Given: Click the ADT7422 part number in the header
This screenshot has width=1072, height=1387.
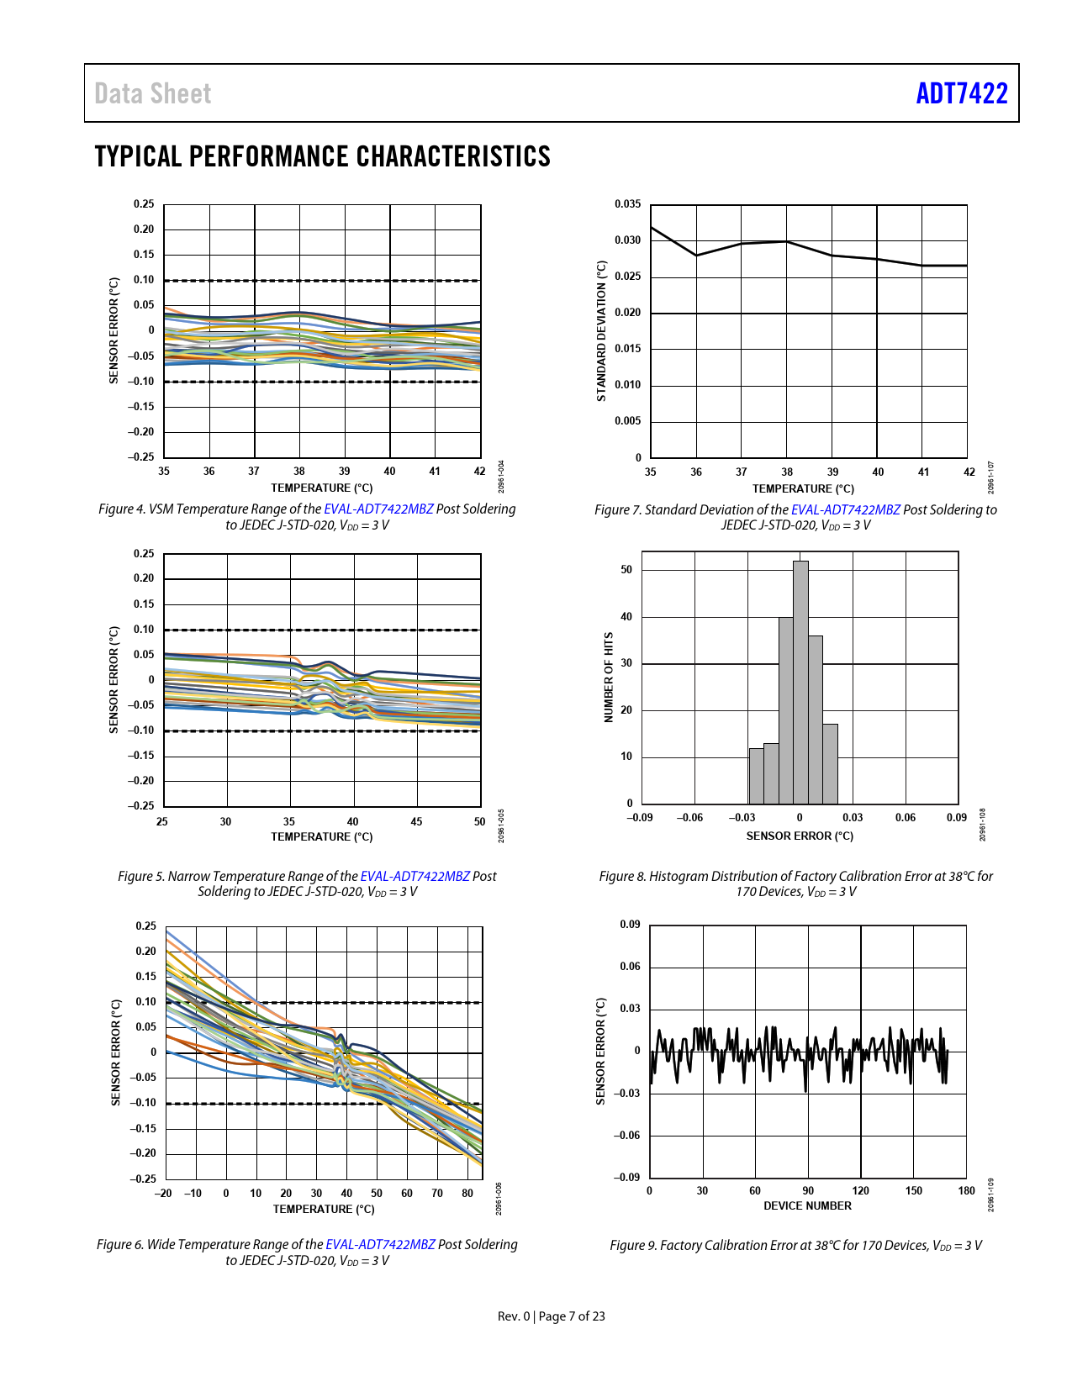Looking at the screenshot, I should coord(961,93).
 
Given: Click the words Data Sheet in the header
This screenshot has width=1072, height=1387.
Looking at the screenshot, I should coord(153,93).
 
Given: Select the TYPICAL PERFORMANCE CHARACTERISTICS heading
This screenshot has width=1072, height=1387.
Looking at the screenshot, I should coord(322,156).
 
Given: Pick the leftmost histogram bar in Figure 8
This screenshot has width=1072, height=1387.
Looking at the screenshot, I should coord(756,776).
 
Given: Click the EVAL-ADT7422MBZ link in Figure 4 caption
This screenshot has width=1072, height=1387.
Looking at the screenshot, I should coord(378,509).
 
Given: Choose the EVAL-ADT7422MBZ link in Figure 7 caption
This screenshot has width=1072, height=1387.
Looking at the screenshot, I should coord(845,509).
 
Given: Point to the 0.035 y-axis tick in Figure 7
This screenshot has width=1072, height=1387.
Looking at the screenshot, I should coord(627,204).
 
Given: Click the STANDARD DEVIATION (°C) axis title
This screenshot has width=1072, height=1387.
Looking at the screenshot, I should coord(601,330).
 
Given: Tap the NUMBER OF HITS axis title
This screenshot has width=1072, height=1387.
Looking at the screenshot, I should coord(609,678).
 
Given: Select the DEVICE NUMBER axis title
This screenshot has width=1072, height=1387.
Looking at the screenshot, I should coord(807,1205).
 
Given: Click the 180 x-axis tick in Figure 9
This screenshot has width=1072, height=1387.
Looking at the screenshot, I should coord(967,1190).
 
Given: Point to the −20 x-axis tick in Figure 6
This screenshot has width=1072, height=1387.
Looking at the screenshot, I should coord(163,1193).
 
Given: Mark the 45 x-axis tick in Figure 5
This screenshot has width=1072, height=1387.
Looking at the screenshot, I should coord(416,821).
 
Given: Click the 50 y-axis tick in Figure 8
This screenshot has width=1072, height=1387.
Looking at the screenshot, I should coord(626,570).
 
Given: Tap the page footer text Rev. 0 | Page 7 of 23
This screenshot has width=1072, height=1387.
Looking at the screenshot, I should coord(551,1316).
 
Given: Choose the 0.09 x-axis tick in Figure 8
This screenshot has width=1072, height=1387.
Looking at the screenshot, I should coord(956,817).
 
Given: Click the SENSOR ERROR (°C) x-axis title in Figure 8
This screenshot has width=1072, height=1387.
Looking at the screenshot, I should coord(800,836).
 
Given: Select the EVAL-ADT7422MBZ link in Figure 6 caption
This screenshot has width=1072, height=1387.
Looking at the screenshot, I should coord(380,1244).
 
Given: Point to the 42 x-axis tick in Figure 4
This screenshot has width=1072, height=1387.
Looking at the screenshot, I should coord(479,471).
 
